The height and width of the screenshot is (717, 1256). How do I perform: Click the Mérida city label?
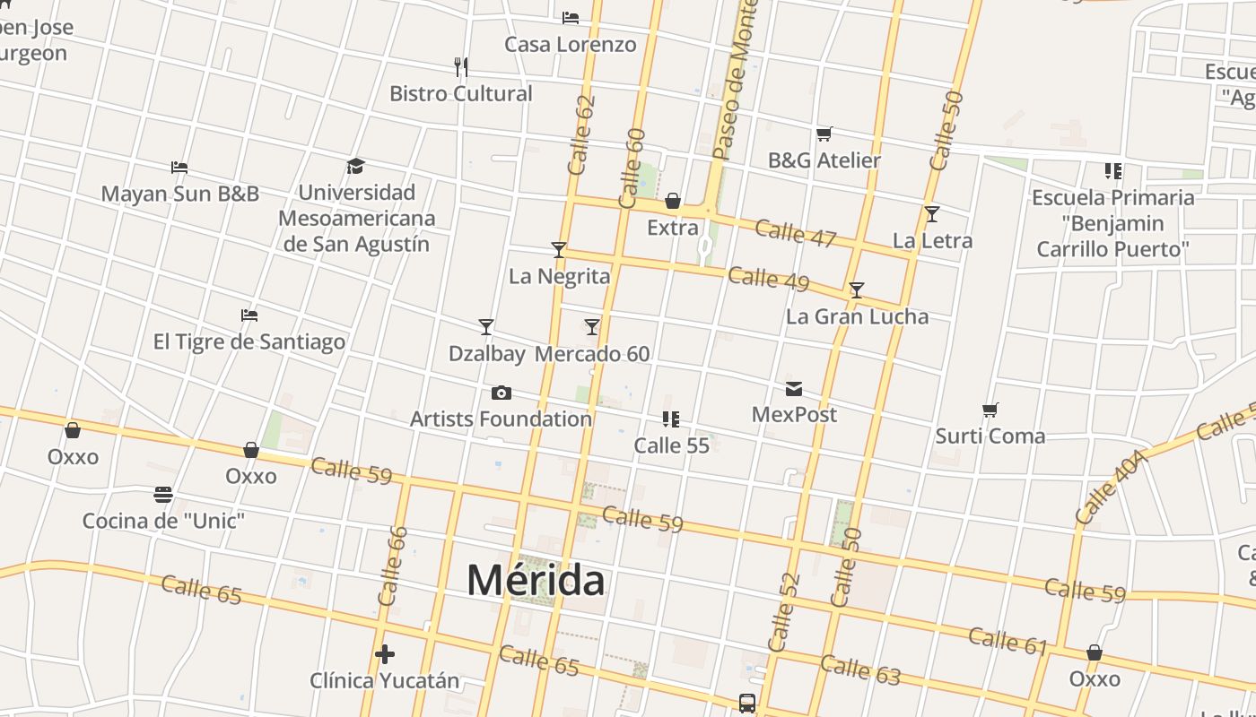[x=536, y=581]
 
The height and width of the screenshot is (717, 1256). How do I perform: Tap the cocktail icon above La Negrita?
[x=559, y=250]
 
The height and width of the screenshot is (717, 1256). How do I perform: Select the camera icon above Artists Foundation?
[x=502, y=393]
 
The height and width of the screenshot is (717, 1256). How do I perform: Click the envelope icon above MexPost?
[x=794, y=389]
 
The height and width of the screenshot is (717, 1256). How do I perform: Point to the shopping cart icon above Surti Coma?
[x=990, y=410]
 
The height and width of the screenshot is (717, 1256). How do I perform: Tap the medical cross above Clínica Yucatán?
[x=385, y=654]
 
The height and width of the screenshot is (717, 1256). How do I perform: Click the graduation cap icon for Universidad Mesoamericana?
[x=356, y=167]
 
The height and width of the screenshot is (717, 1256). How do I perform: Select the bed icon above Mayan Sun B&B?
[x=179, y=168]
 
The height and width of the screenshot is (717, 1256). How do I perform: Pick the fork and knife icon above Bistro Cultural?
[x=461, y=67]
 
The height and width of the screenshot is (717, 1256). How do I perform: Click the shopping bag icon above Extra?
[x=673, y=201]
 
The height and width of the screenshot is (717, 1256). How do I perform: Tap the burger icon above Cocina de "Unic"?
[x=163, y=495]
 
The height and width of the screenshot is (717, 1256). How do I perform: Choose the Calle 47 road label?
[x=795, y=233]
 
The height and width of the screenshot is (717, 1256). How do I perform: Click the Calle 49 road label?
[x=768, y=279]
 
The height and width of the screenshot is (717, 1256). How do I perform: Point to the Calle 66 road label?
[x=393, y=565]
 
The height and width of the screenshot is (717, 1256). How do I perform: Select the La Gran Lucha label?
[x=857, y=316]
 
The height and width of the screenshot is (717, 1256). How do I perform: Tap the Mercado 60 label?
[x=592, y=354]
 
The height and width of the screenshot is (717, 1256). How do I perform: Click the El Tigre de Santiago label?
[x=249, y=341]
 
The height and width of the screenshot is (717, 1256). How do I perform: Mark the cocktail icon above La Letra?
[x=932, y=214]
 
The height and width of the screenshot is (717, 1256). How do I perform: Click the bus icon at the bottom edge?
[x=747, y=704]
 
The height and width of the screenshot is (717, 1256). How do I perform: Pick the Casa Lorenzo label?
[x=571, y=44]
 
